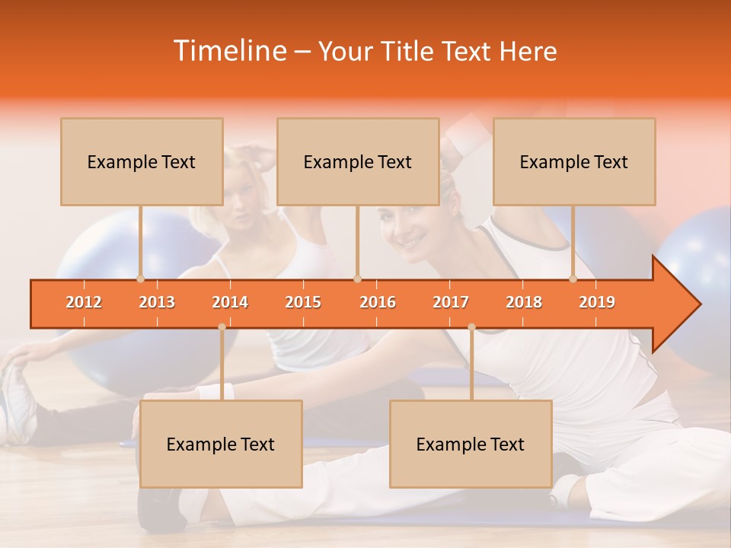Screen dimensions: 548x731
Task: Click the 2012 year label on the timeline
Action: point(84,302)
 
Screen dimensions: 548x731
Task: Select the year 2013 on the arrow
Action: point(157,302)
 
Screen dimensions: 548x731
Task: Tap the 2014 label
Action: point(230,302)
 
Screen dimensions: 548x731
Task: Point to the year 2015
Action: point(303,302)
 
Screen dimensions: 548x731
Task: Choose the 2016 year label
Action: point(378,302)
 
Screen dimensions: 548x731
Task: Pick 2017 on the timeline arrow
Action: point(451,302)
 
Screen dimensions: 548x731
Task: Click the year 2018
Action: point(524,302)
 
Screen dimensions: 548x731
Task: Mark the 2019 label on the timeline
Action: point(597,302)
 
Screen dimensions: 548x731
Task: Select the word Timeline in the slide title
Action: point(229,51)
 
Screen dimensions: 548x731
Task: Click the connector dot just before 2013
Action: point(140,279)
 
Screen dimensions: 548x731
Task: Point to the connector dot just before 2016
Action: point(357,279)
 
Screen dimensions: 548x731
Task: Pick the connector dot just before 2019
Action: point(573,279)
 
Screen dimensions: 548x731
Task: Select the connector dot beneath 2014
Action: point(222,327)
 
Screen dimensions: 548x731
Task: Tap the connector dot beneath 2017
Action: point(471,327)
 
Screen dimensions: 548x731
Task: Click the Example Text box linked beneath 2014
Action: point(221,444)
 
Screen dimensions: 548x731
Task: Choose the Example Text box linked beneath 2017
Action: point(471,444)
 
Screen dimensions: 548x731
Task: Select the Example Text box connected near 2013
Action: point(142,161)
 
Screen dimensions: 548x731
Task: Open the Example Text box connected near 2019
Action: point(574,161)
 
